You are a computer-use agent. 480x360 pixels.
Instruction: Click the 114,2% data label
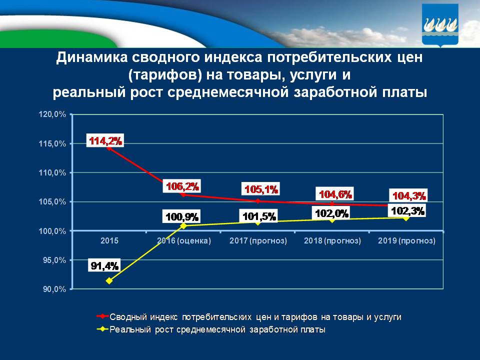[105, 141]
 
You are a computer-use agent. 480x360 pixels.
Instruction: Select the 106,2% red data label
[182, 187]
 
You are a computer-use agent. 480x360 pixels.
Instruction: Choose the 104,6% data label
[335, 194]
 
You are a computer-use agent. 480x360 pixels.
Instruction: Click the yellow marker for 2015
[109, 280]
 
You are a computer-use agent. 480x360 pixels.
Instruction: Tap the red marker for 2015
[109, 148]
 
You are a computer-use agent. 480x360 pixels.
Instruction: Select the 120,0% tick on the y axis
[52, 114]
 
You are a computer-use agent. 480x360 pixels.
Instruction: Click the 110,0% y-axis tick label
[52, 173]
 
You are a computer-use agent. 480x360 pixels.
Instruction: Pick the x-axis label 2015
[109, 241]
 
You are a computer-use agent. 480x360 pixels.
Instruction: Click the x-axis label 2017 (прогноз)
[258, 241]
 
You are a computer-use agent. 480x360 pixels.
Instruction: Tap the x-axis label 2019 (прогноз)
[406, 241]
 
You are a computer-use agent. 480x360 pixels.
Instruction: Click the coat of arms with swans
[441, 24]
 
